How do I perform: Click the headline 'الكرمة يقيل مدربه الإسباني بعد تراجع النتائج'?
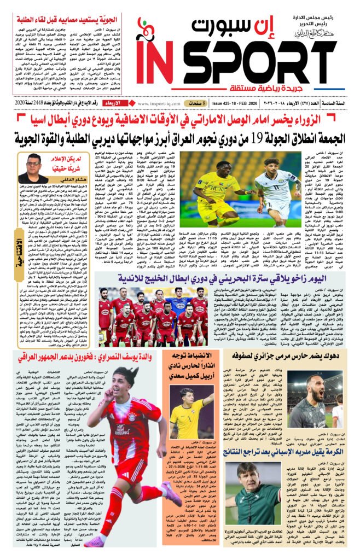(284, 452)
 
